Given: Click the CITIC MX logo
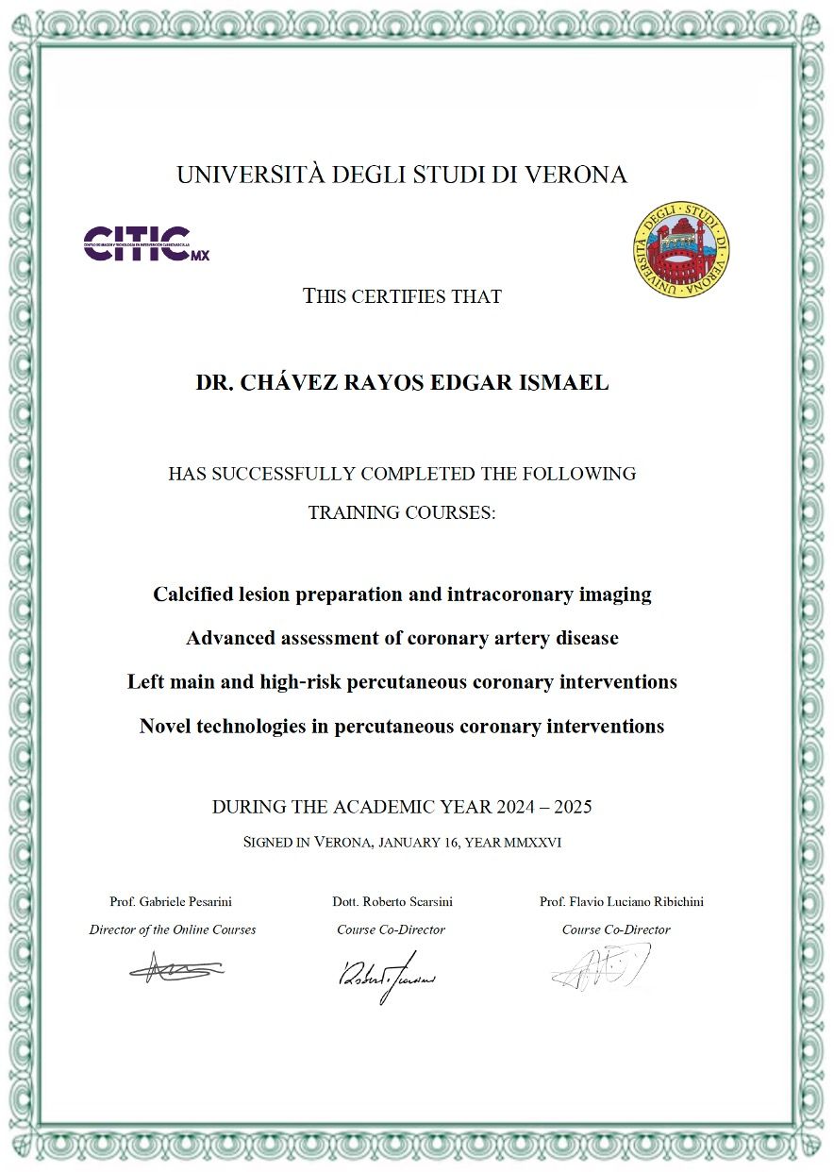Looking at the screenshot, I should click(146, 243).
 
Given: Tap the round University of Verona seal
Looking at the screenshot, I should click(681, 250).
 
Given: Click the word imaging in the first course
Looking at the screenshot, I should click(614, 594).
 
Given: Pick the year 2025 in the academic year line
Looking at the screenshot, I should click(573, 807).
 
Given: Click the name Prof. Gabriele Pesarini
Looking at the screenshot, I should click(172, 901).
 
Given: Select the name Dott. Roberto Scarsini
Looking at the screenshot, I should click(392, 901).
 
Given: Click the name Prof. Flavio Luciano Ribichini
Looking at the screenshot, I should click(621, 901).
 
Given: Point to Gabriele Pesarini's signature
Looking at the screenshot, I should click(176, 967).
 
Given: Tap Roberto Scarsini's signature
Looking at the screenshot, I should click(386, 974).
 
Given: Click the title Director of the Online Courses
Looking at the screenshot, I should click(173, 929).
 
